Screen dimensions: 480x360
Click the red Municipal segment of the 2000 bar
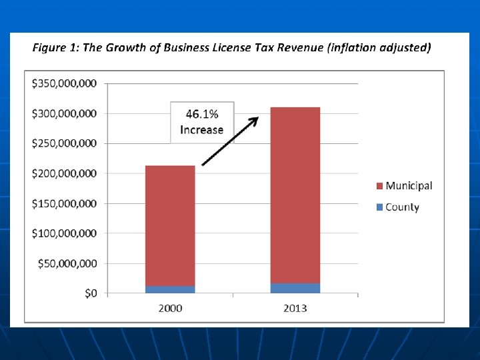[x=170, y=225]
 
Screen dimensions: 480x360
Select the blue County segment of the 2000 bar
[x=170, y=289]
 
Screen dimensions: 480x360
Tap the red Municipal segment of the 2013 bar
[x=295, y=195]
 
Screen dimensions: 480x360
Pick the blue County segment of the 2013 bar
[x=295, y=289]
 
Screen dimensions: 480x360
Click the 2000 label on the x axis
[x=170, y=308]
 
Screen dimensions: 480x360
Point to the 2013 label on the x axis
[x=295, y=308]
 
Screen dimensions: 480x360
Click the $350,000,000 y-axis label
[x=64, y=83]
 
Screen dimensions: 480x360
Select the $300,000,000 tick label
[x=64, y=113]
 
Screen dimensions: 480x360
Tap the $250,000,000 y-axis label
[x=64, y=143]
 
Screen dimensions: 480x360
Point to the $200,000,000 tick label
[x=64, y=173]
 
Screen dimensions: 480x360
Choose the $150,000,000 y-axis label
[x=64, y=203]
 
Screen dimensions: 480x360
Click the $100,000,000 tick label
[x=64, y=233]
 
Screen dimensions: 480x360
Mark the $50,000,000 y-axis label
[x=67, y=263]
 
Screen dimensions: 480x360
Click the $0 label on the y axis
[x=91, y=293]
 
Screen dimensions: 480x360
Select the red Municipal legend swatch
[x=379, y=186]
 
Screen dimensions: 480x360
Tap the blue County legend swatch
[x=379, y=207]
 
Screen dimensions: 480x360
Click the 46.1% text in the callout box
[x=202, y=114]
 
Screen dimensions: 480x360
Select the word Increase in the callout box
[x=202, y=130]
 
